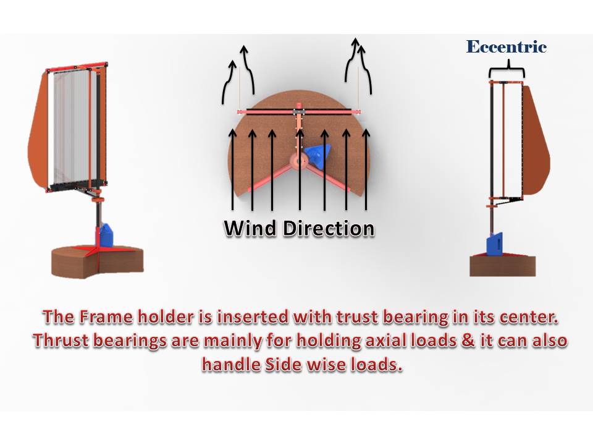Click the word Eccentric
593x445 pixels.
507,47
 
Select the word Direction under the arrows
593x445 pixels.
329,229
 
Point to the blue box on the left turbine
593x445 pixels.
106,235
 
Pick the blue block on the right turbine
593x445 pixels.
494,245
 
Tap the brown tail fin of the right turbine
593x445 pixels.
535,140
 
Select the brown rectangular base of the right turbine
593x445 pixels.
503,266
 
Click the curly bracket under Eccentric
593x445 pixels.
507,70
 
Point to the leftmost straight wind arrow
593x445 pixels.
233,169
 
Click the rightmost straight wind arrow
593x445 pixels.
366,169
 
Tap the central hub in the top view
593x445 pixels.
299,161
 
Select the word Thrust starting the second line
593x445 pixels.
61,341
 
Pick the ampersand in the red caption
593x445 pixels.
468,341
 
